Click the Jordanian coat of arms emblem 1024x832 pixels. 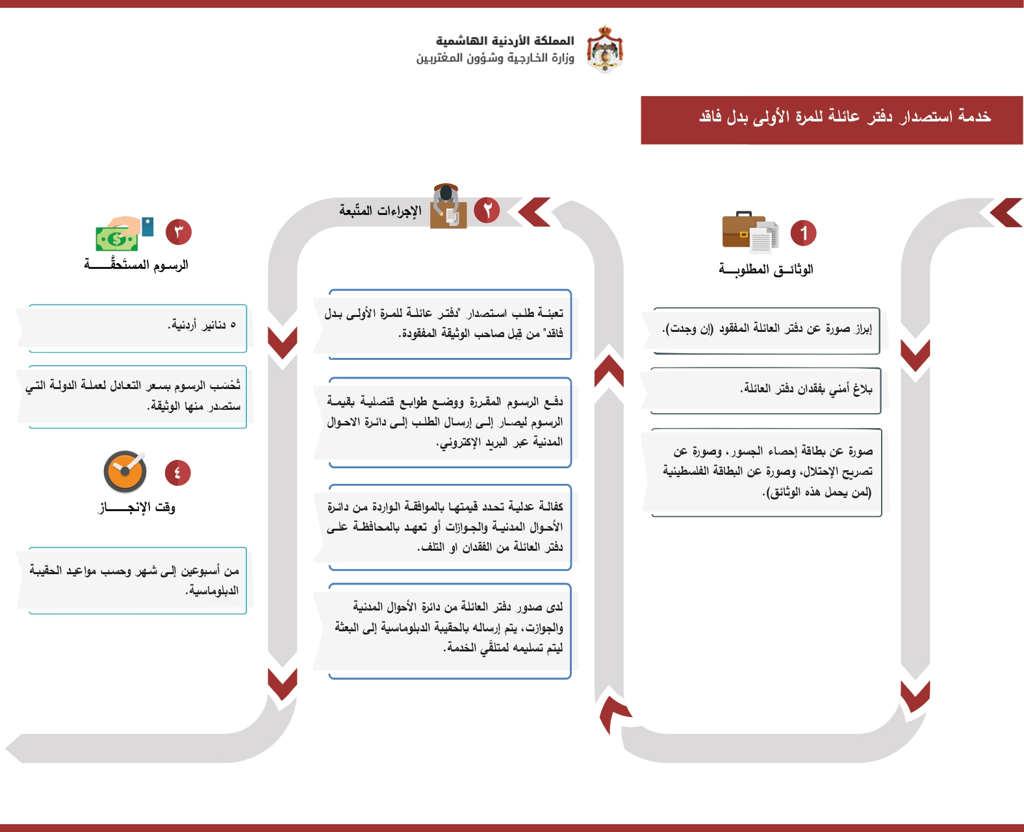[605, 49]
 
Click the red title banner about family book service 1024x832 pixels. [832, 120]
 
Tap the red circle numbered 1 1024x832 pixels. [803, 233]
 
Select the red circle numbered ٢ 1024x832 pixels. [487, 210]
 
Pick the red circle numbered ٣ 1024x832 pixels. [179, 232]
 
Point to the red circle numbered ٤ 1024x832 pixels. [178, 473]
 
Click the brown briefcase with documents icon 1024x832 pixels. [750, 232]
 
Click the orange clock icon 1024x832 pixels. [125, 472]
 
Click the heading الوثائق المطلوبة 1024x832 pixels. [765, 269]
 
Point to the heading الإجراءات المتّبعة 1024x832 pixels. [380, 210]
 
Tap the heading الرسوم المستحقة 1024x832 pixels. [136, 265]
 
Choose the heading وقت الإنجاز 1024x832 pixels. [137, 507]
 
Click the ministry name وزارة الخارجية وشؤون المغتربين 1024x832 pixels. [495, 58]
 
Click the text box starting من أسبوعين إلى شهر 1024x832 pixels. [136, 580]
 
